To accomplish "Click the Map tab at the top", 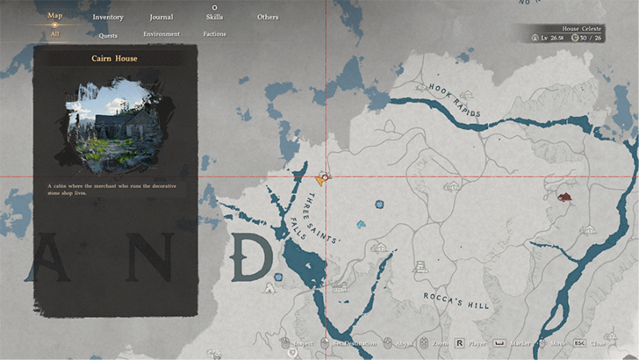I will click(x=54, y=15).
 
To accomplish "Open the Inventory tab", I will click(x=108, y=17).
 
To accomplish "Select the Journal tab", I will click(x=161, y=17).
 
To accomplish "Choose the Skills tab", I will click(x=214, y=17).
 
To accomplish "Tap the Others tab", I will click(x=268, y=17).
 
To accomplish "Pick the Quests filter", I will click(x=108, y=35).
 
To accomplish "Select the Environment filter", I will click(x=162, y=34).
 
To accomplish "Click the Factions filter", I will click(x=214, y=34).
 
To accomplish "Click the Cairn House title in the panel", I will click(x=114, y=59).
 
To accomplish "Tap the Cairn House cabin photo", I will click(x=114, y=124).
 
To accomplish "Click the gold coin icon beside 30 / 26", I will click(x=576, y=39).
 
